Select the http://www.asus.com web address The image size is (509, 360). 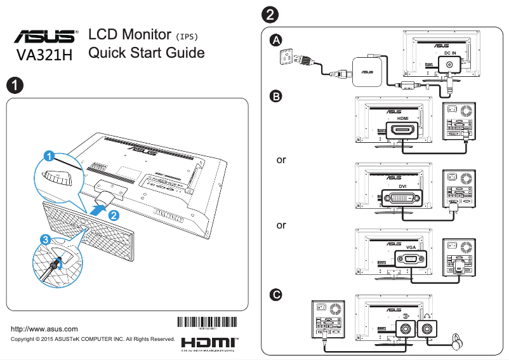(45, 329)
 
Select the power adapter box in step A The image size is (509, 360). (367, 71)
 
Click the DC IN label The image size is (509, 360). (450, 53)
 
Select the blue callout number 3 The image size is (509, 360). (44, 240)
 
